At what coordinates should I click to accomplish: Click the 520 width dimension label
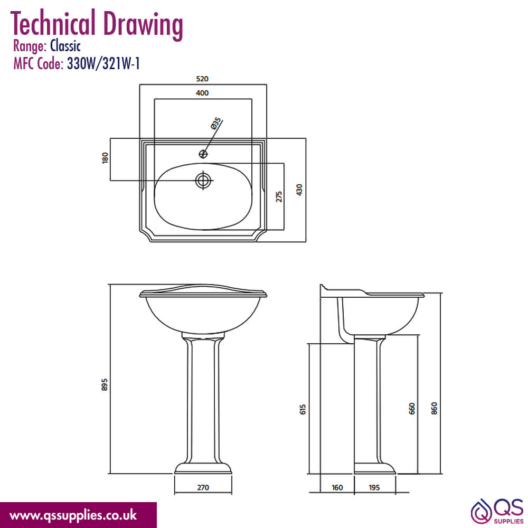click(x=202, y=79)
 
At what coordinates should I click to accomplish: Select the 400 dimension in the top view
click(x=202, y=93)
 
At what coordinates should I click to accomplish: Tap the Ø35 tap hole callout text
click(x=216, y=123)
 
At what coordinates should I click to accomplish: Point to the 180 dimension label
click(x=105, y=158)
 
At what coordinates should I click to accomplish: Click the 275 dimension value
click(x=279, y=196)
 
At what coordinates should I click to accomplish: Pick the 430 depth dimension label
click(x=299, y=190)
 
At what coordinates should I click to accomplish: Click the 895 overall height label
click(x=105, y=384)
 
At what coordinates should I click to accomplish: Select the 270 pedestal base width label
click(x=203, y=487)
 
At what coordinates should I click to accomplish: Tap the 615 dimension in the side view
click(x=303, y=409)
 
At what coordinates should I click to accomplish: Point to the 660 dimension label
click(x=412, y=409)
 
